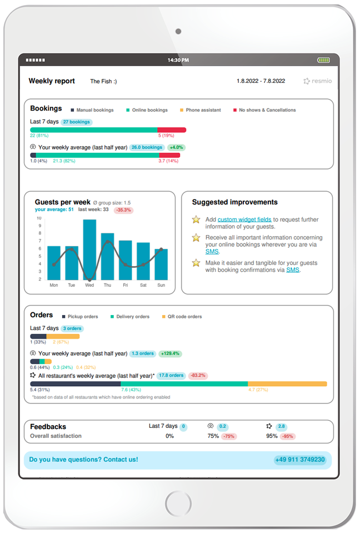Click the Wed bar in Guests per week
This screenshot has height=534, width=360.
pyautogui.click(x=89, y=249)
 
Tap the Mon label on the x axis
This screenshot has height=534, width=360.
pyautogui.click(x=54, y=285)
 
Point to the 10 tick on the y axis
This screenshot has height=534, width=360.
pyautogui.click(x=39, y=218)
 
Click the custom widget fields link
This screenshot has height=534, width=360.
pyautogui.click(x=244, y=219)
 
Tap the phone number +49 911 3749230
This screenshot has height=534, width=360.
pyautogui.click(x=299, y=460)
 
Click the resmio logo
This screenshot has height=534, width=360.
pyautogui.click(x=318, y=81)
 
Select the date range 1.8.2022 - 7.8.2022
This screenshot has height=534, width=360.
pyautogui.click(x=261, y=81)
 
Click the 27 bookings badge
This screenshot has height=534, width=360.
pyautogui.click(x=77, y=122)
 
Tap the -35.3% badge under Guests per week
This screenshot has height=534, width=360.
pyautogui.click(x=123, y=210)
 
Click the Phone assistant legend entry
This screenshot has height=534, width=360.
pyautogui.click(x=200, y=110)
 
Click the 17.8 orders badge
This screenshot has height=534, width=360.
pyautogui.click(x=171, y=376)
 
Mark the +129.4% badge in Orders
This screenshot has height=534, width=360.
pyautogui.click(x=171, y=353)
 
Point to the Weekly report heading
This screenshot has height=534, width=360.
pyautogui.click(x=52, y=81)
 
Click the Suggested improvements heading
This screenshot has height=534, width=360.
pyautogui.click(x=234, y=202)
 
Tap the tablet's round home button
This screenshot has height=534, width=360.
pyautogui.click(x=178, y=503)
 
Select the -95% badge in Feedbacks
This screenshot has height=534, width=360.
pyautogui.click(x=287, y=437)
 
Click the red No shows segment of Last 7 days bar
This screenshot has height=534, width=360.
pyautogui.click(x=172, y=130)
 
